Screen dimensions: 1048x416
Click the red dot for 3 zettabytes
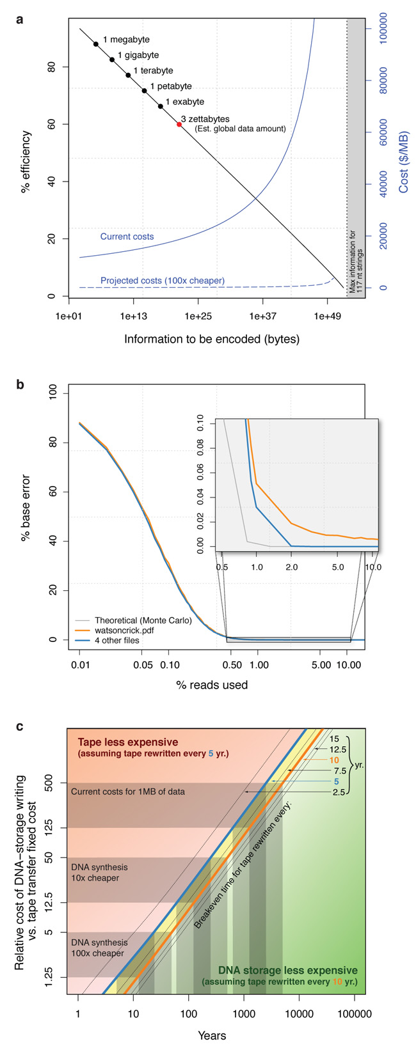(179, 124)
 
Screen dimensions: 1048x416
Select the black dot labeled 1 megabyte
(96, 44)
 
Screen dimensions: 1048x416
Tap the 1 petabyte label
(170, 86)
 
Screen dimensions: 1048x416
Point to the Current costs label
(127, 237)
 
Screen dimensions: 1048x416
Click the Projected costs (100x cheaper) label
(163, 281)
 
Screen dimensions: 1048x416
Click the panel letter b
(20, 384)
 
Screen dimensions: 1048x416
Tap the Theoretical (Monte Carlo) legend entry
(143, 620)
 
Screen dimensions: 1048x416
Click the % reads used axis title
(212, 685)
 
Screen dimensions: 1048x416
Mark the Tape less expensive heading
(128, 742)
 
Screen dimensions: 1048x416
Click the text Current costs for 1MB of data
(127, 792)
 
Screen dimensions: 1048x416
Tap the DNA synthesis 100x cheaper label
(99, 948)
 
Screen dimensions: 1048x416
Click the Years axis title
(212, 1035)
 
